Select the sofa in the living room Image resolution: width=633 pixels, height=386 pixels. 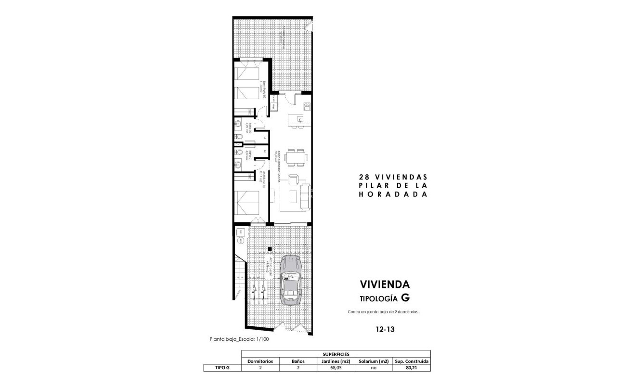coord(304,196)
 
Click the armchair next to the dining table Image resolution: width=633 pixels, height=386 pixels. coord(293,180)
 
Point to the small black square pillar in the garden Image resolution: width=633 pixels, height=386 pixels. coord(270,249)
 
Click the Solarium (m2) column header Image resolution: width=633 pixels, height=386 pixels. coord(373,361)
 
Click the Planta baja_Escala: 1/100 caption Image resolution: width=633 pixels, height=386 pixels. coord(239,339)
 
